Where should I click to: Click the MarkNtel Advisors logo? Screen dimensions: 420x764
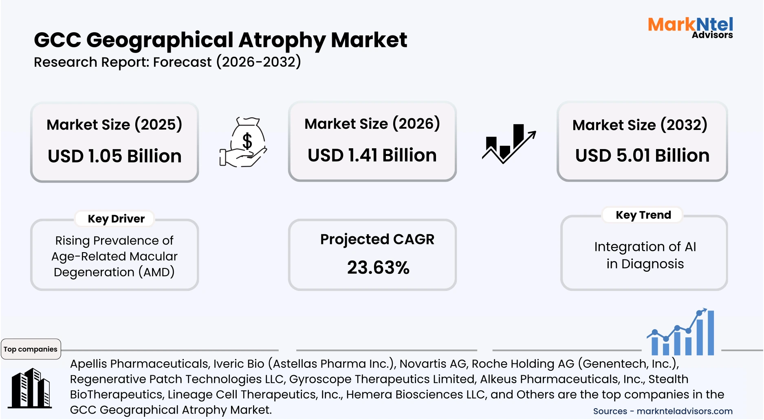(x=690, y=27)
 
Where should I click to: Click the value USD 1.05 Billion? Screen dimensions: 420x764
(x=114, y=156)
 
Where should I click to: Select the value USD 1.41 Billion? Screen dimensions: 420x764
(x=372, y=155)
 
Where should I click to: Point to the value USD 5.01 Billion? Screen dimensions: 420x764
(x=642, y=156)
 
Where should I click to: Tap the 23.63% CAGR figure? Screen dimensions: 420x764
(x=378, y=268)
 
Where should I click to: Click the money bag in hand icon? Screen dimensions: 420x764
(x=243, y=142)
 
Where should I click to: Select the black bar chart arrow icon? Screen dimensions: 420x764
(x=509, y=143)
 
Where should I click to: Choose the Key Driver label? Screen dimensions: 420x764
(x=116, y=219)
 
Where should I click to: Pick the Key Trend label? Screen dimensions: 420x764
(x=643, y=215)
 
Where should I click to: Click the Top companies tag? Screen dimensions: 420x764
(x=31, y=349)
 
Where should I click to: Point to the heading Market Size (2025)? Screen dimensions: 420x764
(x=114, y=125)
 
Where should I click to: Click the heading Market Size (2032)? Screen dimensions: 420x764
(x=640, y=125)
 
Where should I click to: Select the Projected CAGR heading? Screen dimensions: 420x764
(x=377, y=239)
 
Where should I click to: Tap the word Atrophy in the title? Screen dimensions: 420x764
(x=282, y=40)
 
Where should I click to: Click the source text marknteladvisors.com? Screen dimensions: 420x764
(x=685, y=411)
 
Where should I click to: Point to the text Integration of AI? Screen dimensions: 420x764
(x=645, y=246)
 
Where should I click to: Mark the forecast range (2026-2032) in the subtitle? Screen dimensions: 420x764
(x=259, y=62)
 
